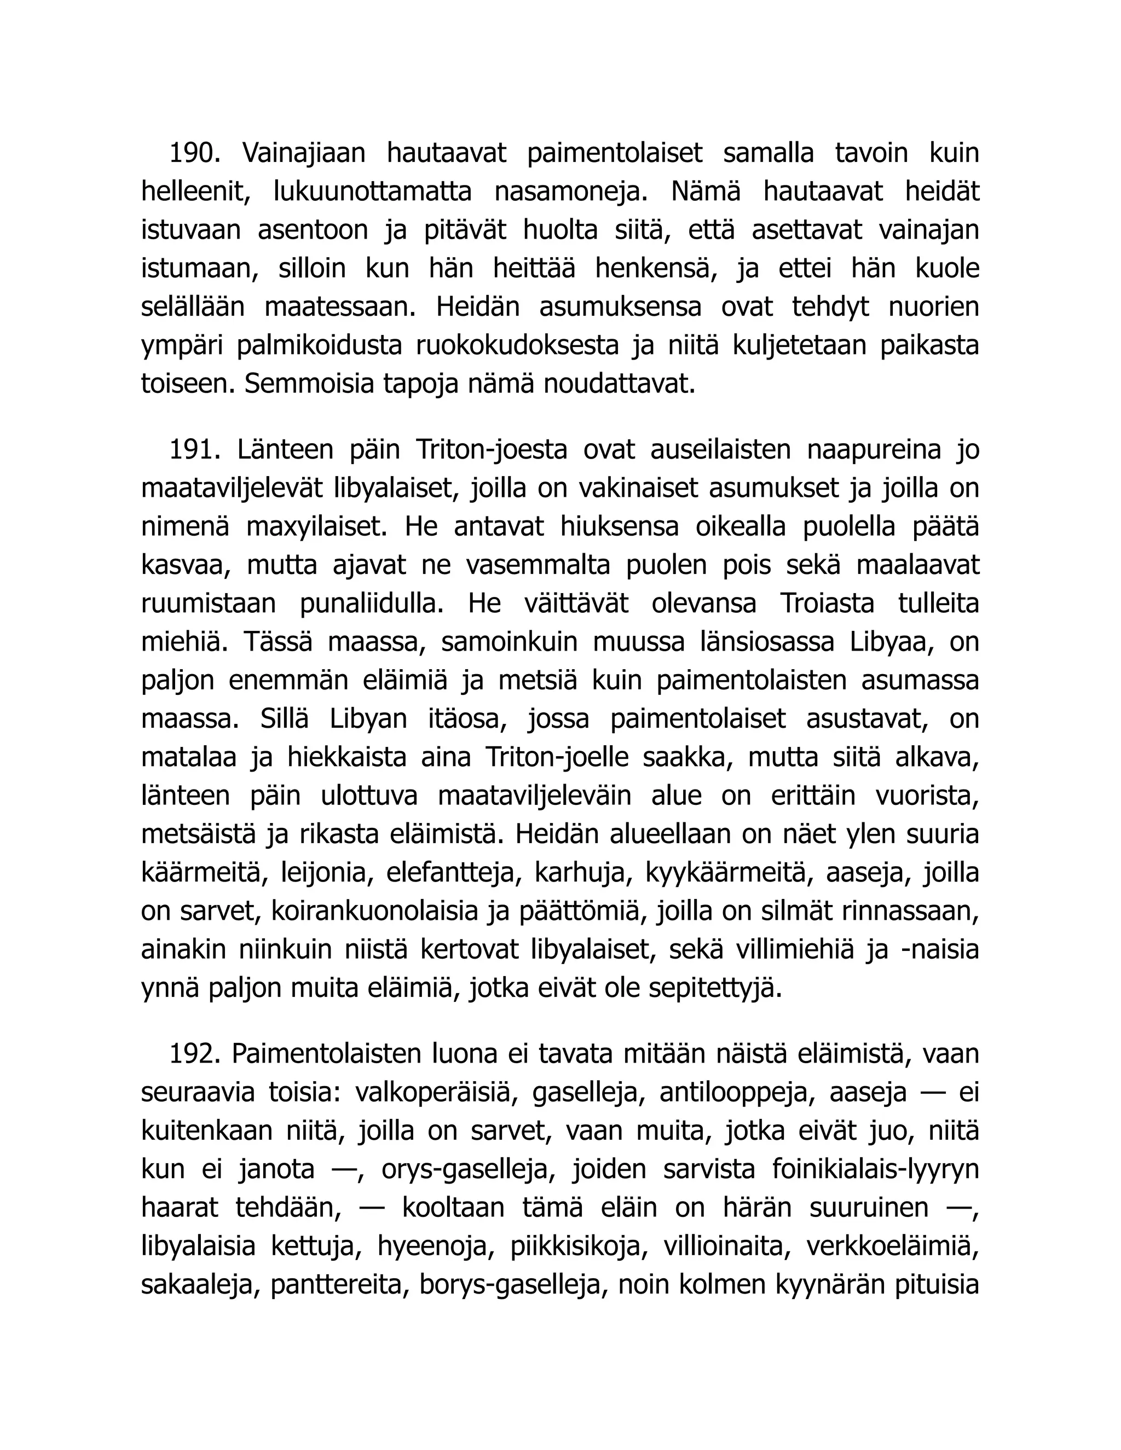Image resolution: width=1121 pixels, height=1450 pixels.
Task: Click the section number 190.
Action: tap(194, 153)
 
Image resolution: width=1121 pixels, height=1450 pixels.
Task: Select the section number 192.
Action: tap(194, 1054)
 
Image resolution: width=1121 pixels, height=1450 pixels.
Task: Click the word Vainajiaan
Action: tap(303, 153)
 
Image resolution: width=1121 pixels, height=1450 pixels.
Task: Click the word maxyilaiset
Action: tap(317, 526)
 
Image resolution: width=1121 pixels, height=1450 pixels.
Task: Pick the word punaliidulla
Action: tap(372, 604)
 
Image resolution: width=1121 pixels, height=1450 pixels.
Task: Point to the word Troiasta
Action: tap(827, 604)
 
